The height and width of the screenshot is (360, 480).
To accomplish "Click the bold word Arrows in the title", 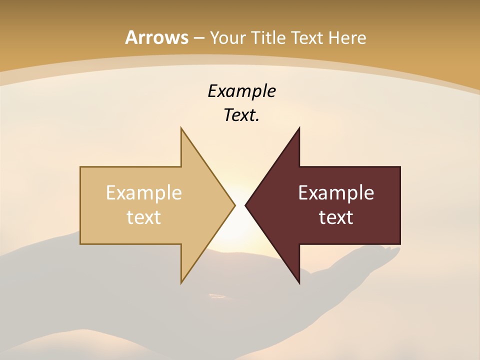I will coord(157,37).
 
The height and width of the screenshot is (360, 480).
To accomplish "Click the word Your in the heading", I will coord(227,37).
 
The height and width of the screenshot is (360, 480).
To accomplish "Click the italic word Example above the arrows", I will coord(241,91).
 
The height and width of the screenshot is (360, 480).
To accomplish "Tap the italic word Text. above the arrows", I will coord(241,115).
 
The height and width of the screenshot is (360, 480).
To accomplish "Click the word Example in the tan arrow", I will coord(144,192).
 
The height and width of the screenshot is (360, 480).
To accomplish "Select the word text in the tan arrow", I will coord(144,217).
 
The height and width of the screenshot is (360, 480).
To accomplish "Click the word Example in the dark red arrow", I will coord(336,192).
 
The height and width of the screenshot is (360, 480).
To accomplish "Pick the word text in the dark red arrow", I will coord(336,217).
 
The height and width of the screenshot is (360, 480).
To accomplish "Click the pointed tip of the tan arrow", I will coord(234,205).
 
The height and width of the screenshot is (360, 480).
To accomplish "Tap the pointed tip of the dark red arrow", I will coord(245,205).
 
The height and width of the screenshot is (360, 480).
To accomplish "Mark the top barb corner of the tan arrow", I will coord(181,128).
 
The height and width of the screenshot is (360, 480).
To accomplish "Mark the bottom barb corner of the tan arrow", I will coord(181,282).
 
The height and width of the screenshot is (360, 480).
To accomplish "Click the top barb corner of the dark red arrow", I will coord(299,128).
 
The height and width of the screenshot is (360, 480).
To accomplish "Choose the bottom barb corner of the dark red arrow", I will coord(299,283).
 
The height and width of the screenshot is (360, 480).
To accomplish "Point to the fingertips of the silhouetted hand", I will coord(395,249).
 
